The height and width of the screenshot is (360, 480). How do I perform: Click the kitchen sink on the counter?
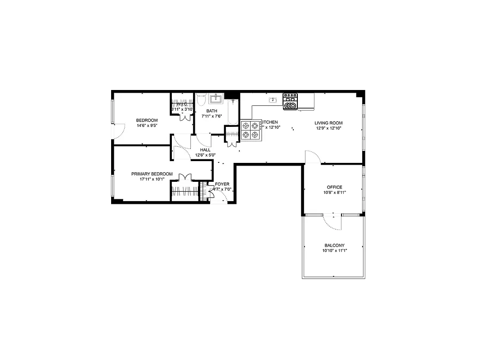click(x=272, y=100)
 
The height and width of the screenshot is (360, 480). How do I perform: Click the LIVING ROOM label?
click(x=328, y=123)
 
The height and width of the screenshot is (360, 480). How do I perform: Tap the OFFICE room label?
click(x=334, y=187)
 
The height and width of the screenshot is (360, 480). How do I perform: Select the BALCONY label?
click(x=334, y=245)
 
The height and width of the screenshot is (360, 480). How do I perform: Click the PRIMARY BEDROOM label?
click(x=152, y=174)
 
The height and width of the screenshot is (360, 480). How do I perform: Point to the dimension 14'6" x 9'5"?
click(x=147, y=126)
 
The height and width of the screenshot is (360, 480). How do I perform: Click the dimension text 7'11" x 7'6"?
click(x=211, y=116)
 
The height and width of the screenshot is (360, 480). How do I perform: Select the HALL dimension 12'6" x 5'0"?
click(x=205, y=155)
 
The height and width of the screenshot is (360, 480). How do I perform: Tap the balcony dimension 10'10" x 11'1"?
click(x=335, y=251)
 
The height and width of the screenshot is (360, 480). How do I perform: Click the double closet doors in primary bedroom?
click(x=185, y=177)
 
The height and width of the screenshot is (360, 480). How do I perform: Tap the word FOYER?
click(x=222, y=184)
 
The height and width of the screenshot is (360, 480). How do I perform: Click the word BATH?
click(x=211, y=111)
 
